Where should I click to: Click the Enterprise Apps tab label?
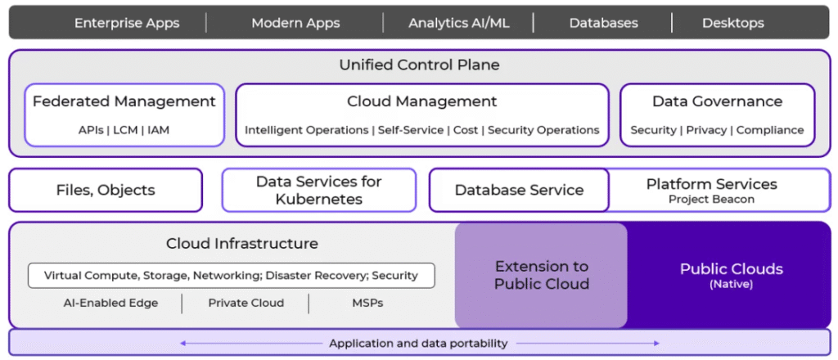[x=127, y=23]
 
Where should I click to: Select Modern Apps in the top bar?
[x=295, y=23]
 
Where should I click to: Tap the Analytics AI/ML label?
[x=458, y=23]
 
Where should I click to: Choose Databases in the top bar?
[x=604, y=23]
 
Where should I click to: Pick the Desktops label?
[x=732, y=23]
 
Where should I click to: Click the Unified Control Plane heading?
[x=419, y=65]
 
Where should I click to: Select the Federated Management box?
[x=124, y=115]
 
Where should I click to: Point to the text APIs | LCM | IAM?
[x=124, y=130]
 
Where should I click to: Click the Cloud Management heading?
[x=421, y=101]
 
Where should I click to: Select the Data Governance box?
[x=717, y=115]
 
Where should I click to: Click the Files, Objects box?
[x=106, y=190]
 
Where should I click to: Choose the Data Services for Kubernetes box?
[x=318, y=190]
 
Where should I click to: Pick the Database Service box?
[x=519, y=190]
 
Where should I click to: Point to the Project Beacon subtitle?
[x=711, y=200]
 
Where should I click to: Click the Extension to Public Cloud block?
[x=541, y=275]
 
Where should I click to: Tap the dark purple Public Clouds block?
[x=731, y=275]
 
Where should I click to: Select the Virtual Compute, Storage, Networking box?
[x=231, y=275]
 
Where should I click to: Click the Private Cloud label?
[x=246, y=303]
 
